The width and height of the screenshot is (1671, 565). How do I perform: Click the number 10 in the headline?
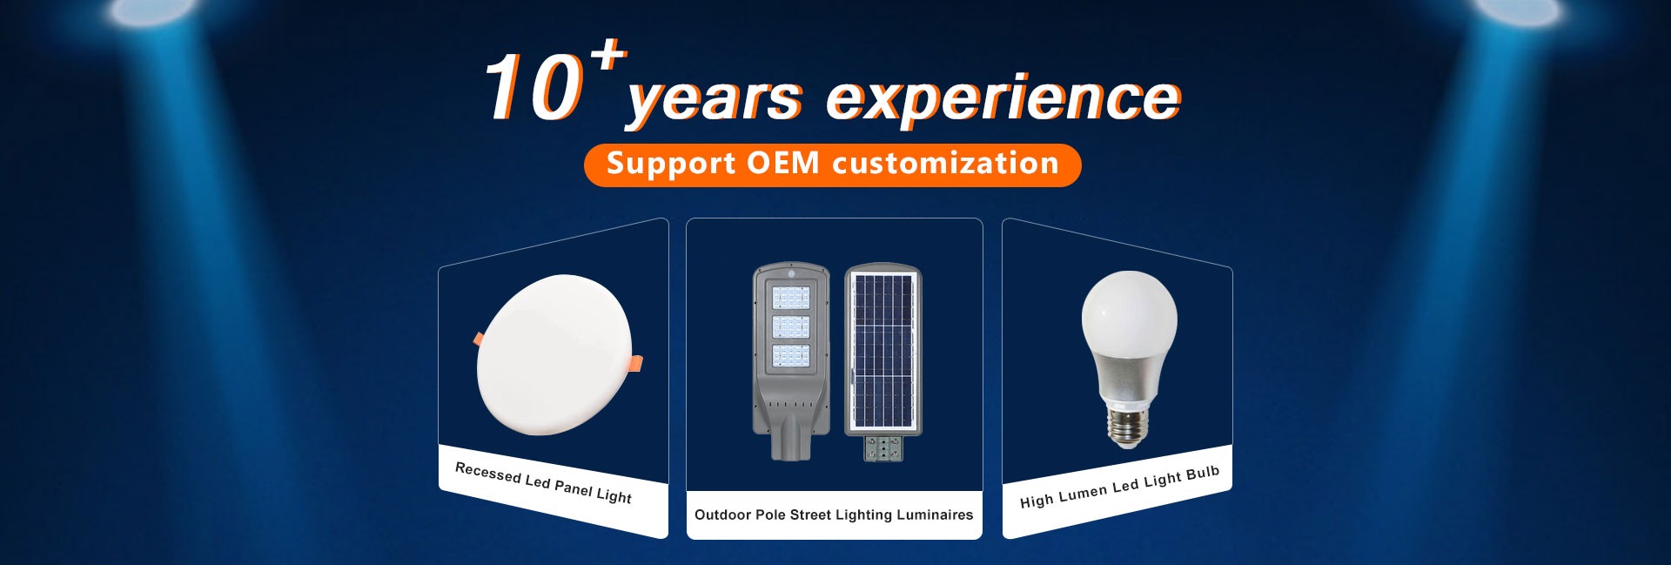[x=534, y=87]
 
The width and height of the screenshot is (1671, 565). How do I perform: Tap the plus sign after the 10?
[x=608, y=55]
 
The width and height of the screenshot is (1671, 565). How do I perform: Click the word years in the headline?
[x=714, y=99]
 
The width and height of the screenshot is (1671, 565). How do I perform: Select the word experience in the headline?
[x=1003, y=99]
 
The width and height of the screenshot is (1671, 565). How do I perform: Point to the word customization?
[x=945, y=163]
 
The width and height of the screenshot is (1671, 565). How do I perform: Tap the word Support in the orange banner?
[x=671, y=164]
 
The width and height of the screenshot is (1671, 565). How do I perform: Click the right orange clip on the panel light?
[x=636, y=362]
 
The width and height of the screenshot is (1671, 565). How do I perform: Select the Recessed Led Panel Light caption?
[x=543, y=483]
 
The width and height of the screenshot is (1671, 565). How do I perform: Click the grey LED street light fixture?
[x=790, y=360]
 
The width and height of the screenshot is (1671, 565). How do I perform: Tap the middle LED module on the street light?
[x=790, y=327]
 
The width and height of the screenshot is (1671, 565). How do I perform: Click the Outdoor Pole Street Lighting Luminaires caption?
[x=834, y=515]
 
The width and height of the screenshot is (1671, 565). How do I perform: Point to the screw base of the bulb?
[x=1128, y=427]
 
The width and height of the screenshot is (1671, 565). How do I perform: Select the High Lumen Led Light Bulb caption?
[x=1119, y=488]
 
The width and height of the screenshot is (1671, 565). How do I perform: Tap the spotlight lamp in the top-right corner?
[x=1516, y=10]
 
